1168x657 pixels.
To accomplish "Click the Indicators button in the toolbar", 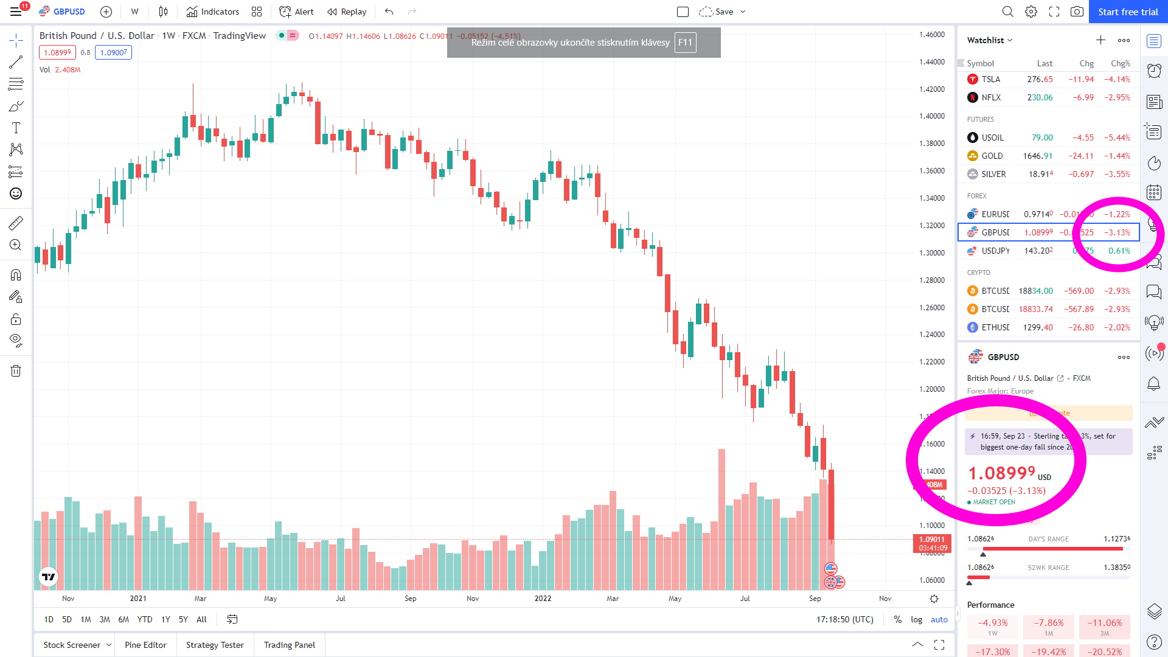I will [213, 12].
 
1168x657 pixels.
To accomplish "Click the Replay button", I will [347, 12].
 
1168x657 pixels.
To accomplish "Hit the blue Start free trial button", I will [1127, 12].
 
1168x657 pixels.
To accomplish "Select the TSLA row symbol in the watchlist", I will [990, 79].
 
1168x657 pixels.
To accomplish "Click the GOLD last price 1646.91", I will [1037, 156].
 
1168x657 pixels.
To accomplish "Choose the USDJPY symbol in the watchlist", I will [995, 251].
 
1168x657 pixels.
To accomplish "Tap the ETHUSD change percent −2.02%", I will [1117, 327].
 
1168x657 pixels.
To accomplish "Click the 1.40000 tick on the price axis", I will [931, 116].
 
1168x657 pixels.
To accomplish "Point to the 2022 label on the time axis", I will [543, 599].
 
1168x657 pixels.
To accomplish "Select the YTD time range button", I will [145, 619].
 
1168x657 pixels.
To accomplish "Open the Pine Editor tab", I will [145, 645].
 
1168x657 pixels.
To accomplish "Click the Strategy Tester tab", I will [215, 645].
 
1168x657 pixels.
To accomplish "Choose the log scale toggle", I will [916, 619].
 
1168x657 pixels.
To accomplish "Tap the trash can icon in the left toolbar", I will [16, 371].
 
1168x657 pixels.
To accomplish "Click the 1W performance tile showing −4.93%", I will [993, 627].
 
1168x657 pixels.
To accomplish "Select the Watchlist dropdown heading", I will [990, 40].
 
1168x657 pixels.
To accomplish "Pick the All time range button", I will [201, 619].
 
